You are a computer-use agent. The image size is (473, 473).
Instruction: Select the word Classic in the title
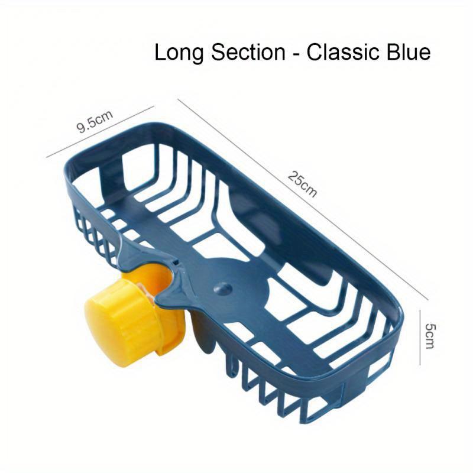pos(343,52)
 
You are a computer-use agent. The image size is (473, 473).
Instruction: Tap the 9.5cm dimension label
pos(95,121)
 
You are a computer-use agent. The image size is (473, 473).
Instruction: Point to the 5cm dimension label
pos(430,336)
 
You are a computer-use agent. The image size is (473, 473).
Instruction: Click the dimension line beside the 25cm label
pos(303,199)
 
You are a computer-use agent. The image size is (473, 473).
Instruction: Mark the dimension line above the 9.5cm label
pos(100,131)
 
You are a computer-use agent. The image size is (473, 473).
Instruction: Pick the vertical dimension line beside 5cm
pos(420,337)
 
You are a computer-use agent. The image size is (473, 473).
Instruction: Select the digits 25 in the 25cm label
pos(296,179)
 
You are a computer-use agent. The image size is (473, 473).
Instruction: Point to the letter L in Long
pos(160,53)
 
